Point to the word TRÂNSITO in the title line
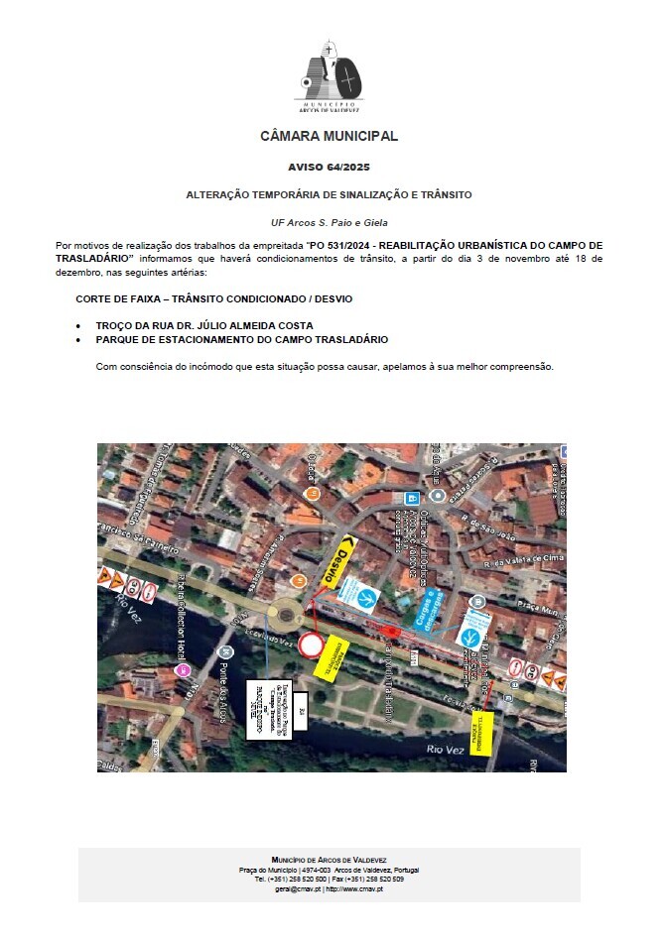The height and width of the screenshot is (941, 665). pyautogui.click(x=442, y=194)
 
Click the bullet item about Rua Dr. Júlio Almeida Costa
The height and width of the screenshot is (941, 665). pyautogui.click(x=204, y=325)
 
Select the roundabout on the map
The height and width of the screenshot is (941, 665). pyautogui.click(x=288, y=616)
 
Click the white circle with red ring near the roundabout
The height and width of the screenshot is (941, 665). pyautogui.click(x=311, y=647)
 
